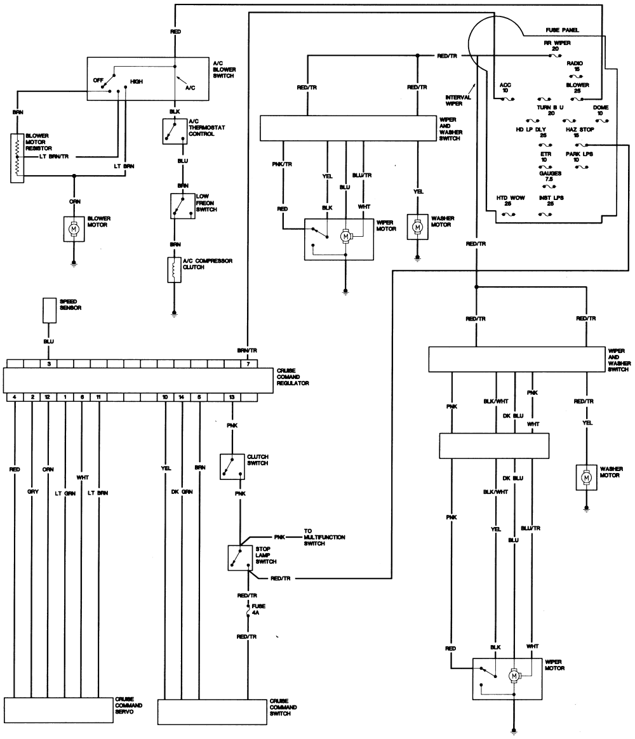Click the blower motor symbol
[74, 229]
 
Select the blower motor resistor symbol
[17, 158]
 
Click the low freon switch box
[182, 206]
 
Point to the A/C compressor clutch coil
[175, 270]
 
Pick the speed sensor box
[50, 310]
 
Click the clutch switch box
[232, 467]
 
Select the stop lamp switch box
[241, 558]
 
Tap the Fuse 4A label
[258, 609]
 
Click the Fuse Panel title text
[562, 30]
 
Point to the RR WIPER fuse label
[558, 46]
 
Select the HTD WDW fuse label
[511, 201]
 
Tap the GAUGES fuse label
[550, 176]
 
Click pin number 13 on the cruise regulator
[232, 397]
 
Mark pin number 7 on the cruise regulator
[248, 364]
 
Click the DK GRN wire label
[182, 491]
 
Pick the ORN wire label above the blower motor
[74, 201]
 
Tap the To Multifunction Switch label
[324, 537]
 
